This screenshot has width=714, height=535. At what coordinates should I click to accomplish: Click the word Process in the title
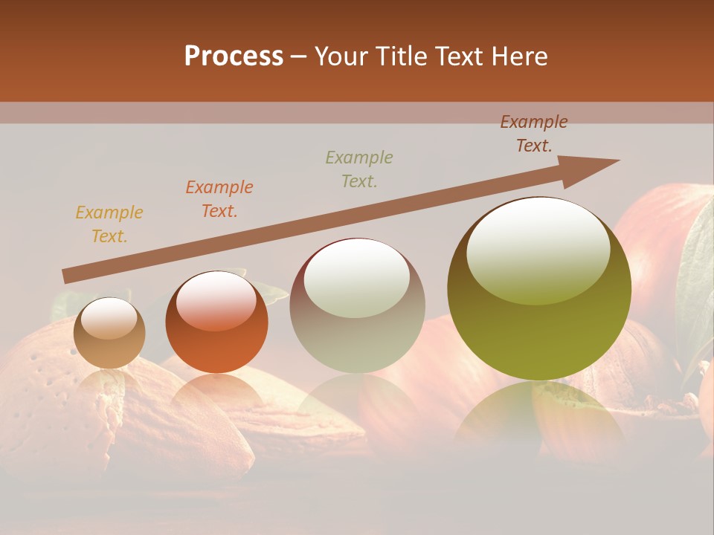pos(234,56)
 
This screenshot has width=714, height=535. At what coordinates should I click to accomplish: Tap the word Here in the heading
pos(518,56)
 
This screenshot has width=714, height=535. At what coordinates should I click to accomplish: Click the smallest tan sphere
pos(109,333)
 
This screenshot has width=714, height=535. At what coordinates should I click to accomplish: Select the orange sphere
pos(216,322)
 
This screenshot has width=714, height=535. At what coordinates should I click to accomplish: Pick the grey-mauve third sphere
pos(357,305)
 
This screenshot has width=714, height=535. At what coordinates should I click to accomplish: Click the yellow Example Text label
pos(109,224)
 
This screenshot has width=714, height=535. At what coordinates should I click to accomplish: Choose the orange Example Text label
pos(219,199)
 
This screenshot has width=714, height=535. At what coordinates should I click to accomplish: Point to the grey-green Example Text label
pos(359,169)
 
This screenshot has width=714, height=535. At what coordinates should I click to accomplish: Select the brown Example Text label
pos(534,134)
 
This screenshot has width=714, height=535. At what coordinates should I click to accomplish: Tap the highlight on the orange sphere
pos(215,301)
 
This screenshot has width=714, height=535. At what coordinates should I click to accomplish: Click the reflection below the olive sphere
pos(539,416)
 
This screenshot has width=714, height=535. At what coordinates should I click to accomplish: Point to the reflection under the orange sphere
pos(216,394)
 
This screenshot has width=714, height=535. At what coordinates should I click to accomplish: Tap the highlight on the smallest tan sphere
pos(109,320)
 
